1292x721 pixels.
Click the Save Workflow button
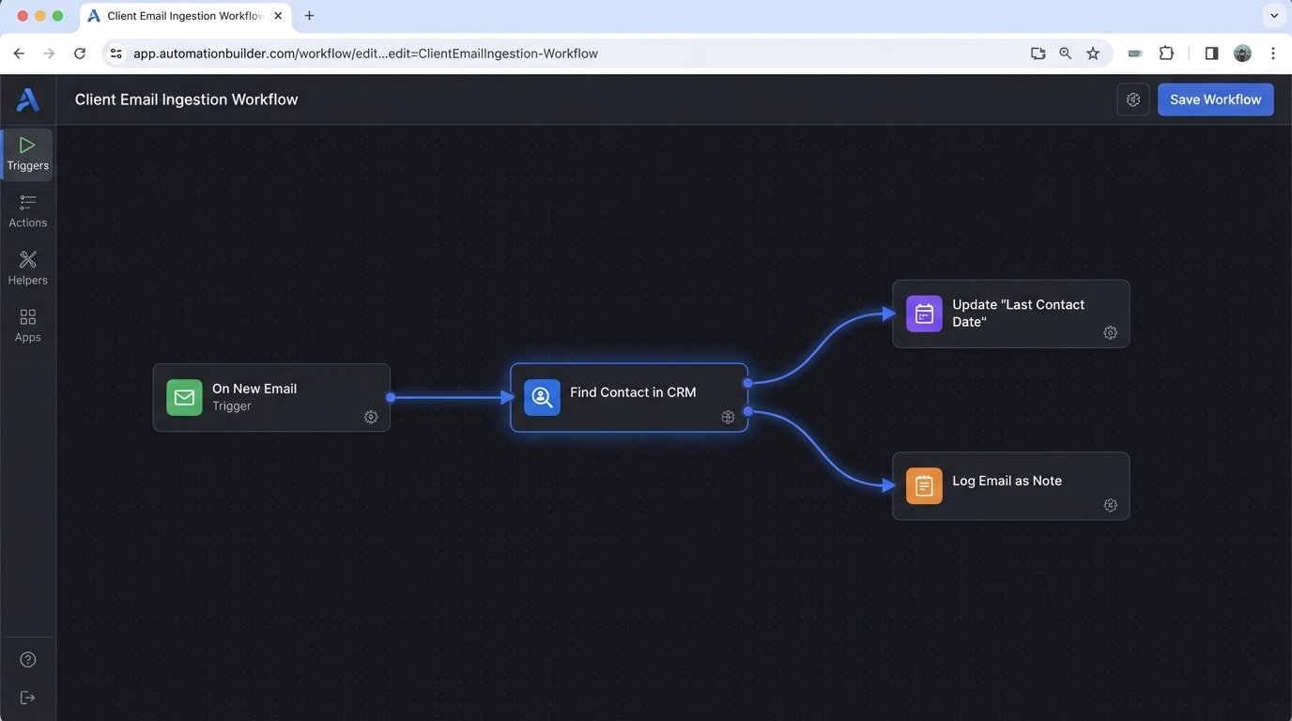pos(1215,100)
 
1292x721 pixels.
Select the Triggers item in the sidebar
pos(27,154)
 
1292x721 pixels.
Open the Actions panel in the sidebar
pos(27,211)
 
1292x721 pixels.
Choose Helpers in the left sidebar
pos(27,268)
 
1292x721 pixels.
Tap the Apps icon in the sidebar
pos(27,326)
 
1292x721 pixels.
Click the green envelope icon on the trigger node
pos(184,397)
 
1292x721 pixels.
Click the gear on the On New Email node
pos(371,417)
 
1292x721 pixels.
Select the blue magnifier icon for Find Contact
pos(542,397)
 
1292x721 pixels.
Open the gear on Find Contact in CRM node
pos(728,417)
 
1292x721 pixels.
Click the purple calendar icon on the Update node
pos(924,314)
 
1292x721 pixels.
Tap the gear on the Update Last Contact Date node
pos(1110,333)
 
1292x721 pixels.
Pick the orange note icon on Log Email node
pos(924,486)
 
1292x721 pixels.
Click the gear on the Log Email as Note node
pos(1110,505)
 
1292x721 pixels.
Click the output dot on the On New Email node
pos(391,397)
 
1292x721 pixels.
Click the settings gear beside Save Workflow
pos(1133,100)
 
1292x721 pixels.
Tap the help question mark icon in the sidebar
pos(28,660)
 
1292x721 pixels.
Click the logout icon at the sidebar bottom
pos(28,698)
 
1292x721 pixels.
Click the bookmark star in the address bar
pos(1093,54)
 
